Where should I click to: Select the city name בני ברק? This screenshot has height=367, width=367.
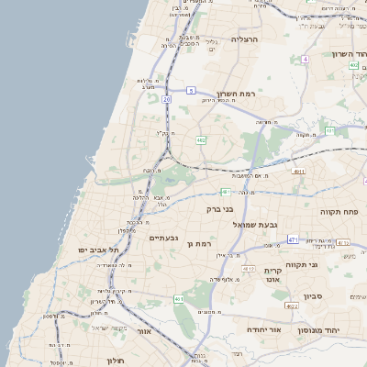click(x=222, y=209)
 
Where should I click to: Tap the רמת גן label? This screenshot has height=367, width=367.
click(x=198, y=244)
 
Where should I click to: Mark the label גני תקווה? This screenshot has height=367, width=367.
click(x=327, y=265)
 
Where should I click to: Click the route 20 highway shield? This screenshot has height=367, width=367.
click(x=166, y=98)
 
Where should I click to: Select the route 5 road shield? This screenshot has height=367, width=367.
click(x=191, y=90)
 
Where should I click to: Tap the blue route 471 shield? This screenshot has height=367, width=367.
click(x=293, y=239)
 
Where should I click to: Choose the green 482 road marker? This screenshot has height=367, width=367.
click(x=201, y=139)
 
